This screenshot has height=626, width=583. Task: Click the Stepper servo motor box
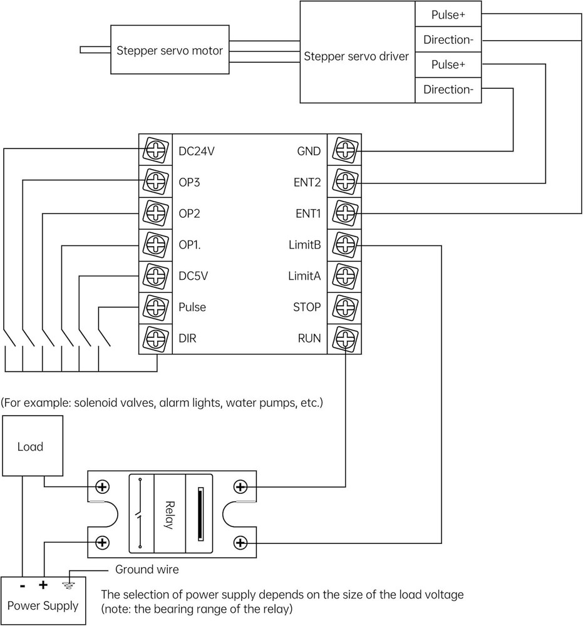point(170,51)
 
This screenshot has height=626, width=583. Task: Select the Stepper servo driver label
point(356,56)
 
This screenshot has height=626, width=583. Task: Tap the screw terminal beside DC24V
point(155,150)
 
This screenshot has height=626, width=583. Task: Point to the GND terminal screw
point(344,150)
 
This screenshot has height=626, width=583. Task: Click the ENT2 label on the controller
point(308,182)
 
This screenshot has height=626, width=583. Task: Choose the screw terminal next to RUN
point(344,339)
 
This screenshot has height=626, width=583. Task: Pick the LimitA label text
point(304,276)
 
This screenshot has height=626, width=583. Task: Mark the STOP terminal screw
point(344,307)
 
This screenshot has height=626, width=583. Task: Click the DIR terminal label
point(187,339)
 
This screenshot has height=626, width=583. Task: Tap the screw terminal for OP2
point(155,213)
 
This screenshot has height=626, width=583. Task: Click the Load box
point(30,446)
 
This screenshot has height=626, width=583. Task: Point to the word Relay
point(168,515)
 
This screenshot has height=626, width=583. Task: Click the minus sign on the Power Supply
point(23,586)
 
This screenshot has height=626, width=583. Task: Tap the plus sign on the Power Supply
point(43,585)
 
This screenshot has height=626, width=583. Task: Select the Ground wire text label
point(147,570)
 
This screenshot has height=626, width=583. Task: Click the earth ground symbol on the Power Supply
point(69,585)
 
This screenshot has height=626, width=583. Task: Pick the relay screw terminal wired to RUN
point(240,486)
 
